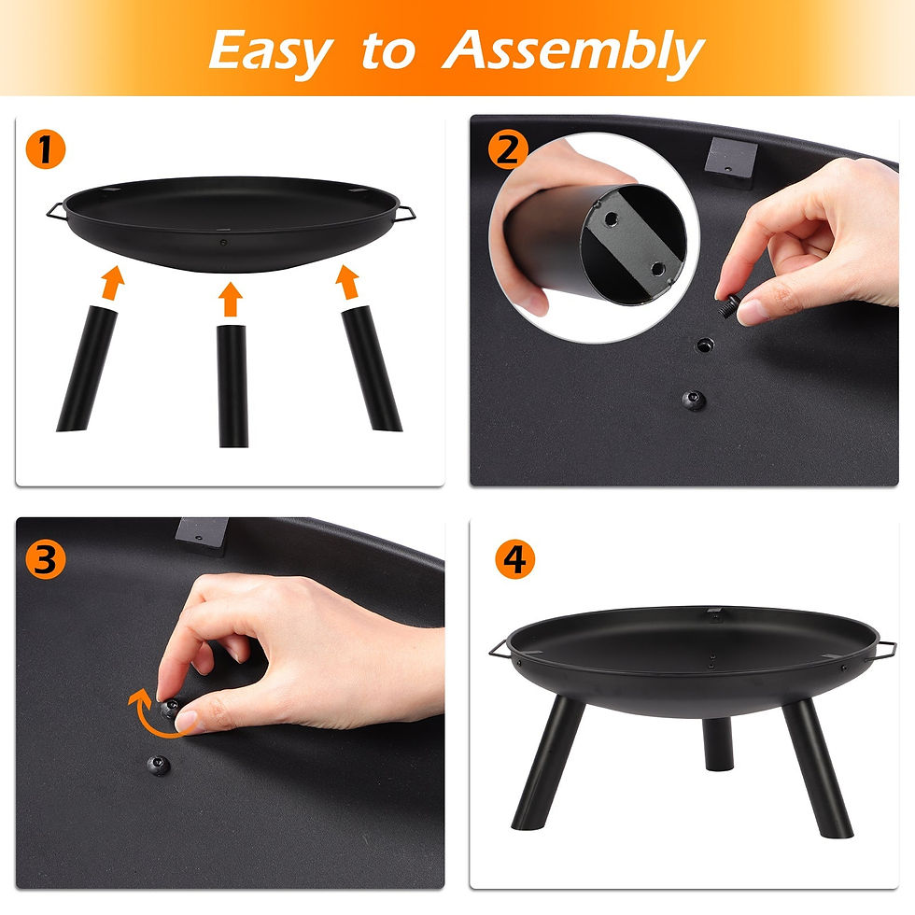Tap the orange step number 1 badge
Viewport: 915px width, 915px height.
coord(45,149)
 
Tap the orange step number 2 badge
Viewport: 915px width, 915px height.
coord(507,149)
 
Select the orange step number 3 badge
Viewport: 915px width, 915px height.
coord(45,559)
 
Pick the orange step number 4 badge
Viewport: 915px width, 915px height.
coord(514,559)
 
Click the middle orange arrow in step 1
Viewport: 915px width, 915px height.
coord(232,300)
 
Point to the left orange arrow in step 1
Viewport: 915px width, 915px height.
coord(113,282)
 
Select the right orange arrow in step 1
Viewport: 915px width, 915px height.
coord(347,282)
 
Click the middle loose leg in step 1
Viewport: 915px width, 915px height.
coord(232,386)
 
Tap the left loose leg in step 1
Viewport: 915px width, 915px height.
coord(86,368)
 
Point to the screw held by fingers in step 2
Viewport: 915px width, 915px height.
coord(730,306)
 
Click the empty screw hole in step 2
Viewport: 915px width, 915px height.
coord(705,345)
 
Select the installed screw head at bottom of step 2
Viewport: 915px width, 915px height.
coord(694,401)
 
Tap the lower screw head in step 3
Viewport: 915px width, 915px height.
coord(158,765)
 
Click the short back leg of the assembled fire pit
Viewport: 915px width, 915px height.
coord(718,743)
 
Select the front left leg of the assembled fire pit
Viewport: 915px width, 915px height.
coord(547,762)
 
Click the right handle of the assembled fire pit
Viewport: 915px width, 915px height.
coord(882,650)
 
